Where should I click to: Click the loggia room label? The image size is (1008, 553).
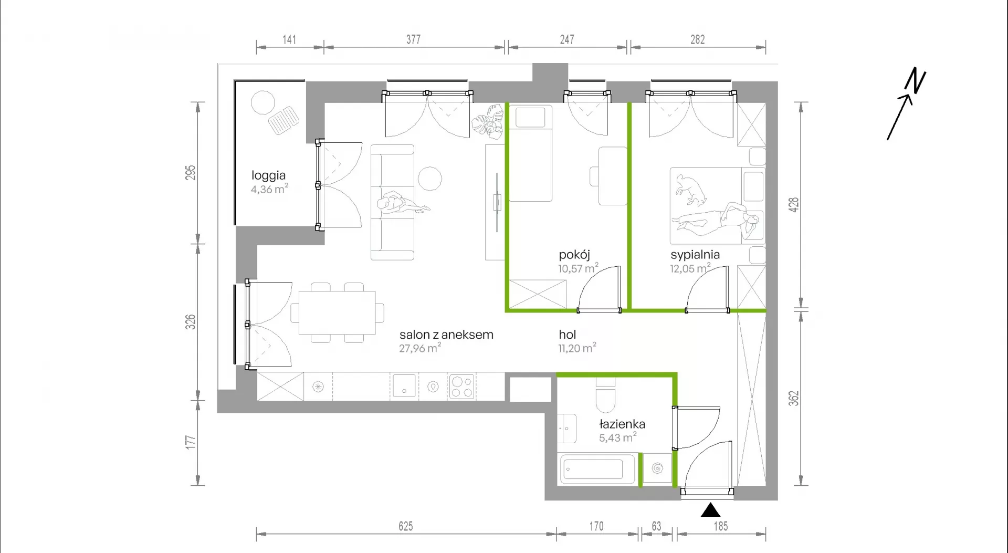pos(268,175)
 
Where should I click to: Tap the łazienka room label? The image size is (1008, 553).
pos(622,424)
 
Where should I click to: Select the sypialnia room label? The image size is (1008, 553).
pos(695,255)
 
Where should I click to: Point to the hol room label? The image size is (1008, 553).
pos(568,335)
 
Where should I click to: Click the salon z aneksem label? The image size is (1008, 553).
pos(446,335)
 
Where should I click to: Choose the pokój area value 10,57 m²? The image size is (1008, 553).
pos(578,268)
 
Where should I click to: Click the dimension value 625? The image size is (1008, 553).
pos(406,526)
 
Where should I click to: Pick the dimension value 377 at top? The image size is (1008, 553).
pos(414,39)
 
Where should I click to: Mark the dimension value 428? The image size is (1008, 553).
pos(794,205)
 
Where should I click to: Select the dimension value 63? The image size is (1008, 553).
pos(656,526)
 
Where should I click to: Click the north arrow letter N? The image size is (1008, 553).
pos(915,81)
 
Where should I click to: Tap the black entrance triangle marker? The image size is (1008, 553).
pos(710,510)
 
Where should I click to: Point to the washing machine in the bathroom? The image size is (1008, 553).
pos(657,468)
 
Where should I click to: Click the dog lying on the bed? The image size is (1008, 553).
pos(691,190)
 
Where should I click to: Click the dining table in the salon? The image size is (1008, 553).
pos(337,312)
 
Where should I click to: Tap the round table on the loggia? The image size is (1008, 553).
pos(262,103)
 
